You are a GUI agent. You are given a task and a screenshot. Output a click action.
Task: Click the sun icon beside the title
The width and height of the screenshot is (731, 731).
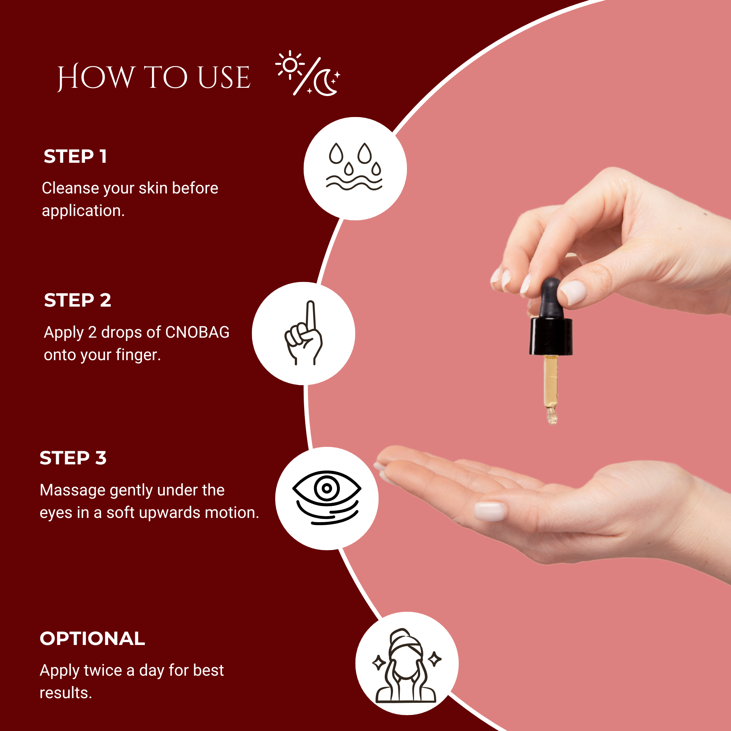point(290,65)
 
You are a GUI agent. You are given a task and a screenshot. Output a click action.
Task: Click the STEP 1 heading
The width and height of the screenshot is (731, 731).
point(75,156)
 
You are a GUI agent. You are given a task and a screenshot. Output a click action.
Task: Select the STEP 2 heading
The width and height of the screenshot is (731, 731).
point(77,300)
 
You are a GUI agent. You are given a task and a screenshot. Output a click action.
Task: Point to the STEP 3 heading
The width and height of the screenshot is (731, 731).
point(73,458)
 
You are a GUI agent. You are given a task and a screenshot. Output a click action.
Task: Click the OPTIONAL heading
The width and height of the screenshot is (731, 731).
point(92,639)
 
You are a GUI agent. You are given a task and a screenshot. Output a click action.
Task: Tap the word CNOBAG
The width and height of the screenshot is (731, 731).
point(197,332)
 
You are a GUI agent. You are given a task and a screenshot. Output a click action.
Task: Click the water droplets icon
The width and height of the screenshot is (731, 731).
point(354,166)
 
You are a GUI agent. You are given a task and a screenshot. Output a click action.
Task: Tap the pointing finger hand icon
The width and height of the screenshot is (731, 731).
point(303,333)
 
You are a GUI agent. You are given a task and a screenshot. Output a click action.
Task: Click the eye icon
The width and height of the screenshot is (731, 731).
point(327,497)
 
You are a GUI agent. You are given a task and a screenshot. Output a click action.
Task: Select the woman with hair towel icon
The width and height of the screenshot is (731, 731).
point(406,665)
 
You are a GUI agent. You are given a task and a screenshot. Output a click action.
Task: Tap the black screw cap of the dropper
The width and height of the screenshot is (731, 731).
point(551,336)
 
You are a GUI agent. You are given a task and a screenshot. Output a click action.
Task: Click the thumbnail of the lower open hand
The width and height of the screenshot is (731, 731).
point(490,511)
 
